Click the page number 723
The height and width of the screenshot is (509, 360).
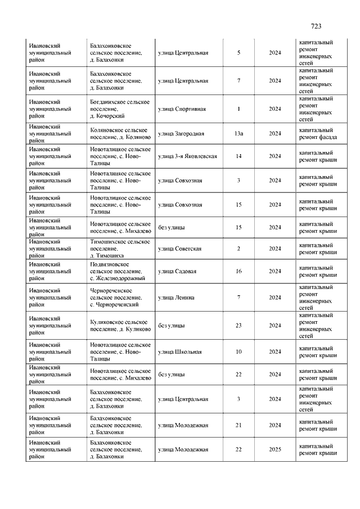(x=316, y=26)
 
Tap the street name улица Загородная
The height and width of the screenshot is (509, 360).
(x=181, y=134)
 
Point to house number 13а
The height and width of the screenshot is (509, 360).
(x=238, y=134)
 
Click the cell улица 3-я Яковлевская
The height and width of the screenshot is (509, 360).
(x=187, y=156)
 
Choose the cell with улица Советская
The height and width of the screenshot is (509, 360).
(x=179, y=249)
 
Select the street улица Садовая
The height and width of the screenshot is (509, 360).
(x=177, y=271)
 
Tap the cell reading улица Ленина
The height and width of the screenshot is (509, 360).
(x=176, y=297)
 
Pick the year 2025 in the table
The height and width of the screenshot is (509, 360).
(x=274, y=449)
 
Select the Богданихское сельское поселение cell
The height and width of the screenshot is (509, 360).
(x=120, y=109)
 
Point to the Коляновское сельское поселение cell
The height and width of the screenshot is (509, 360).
(x=120, y=134)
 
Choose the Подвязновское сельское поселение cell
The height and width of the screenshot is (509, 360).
(x=118, y=271)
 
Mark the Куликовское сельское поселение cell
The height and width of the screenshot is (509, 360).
(x=120, y=325)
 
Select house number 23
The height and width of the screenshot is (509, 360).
(x=238, y=325)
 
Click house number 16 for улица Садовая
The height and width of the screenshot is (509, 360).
(x=238, y=271)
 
